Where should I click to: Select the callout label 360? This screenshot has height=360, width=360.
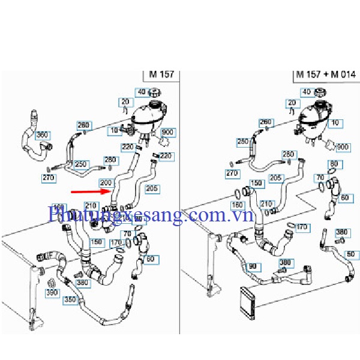coord(42,135)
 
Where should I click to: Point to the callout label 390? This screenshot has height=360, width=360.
coord(52,292)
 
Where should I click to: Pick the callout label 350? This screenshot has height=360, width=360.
coord(71,298)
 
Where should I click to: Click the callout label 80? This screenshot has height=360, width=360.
coord(333,164)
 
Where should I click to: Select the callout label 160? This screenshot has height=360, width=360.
coord(238,205)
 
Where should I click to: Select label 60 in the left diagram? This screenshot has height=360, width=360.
coord(149,259)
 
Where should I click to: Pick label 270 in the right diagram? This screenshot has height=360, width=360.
coord(232,174)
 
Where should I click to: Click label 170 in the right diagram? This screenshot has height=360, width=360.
coord(302,227)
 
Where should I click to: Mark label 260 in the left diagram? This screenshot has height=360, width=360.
coord(83,125)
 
